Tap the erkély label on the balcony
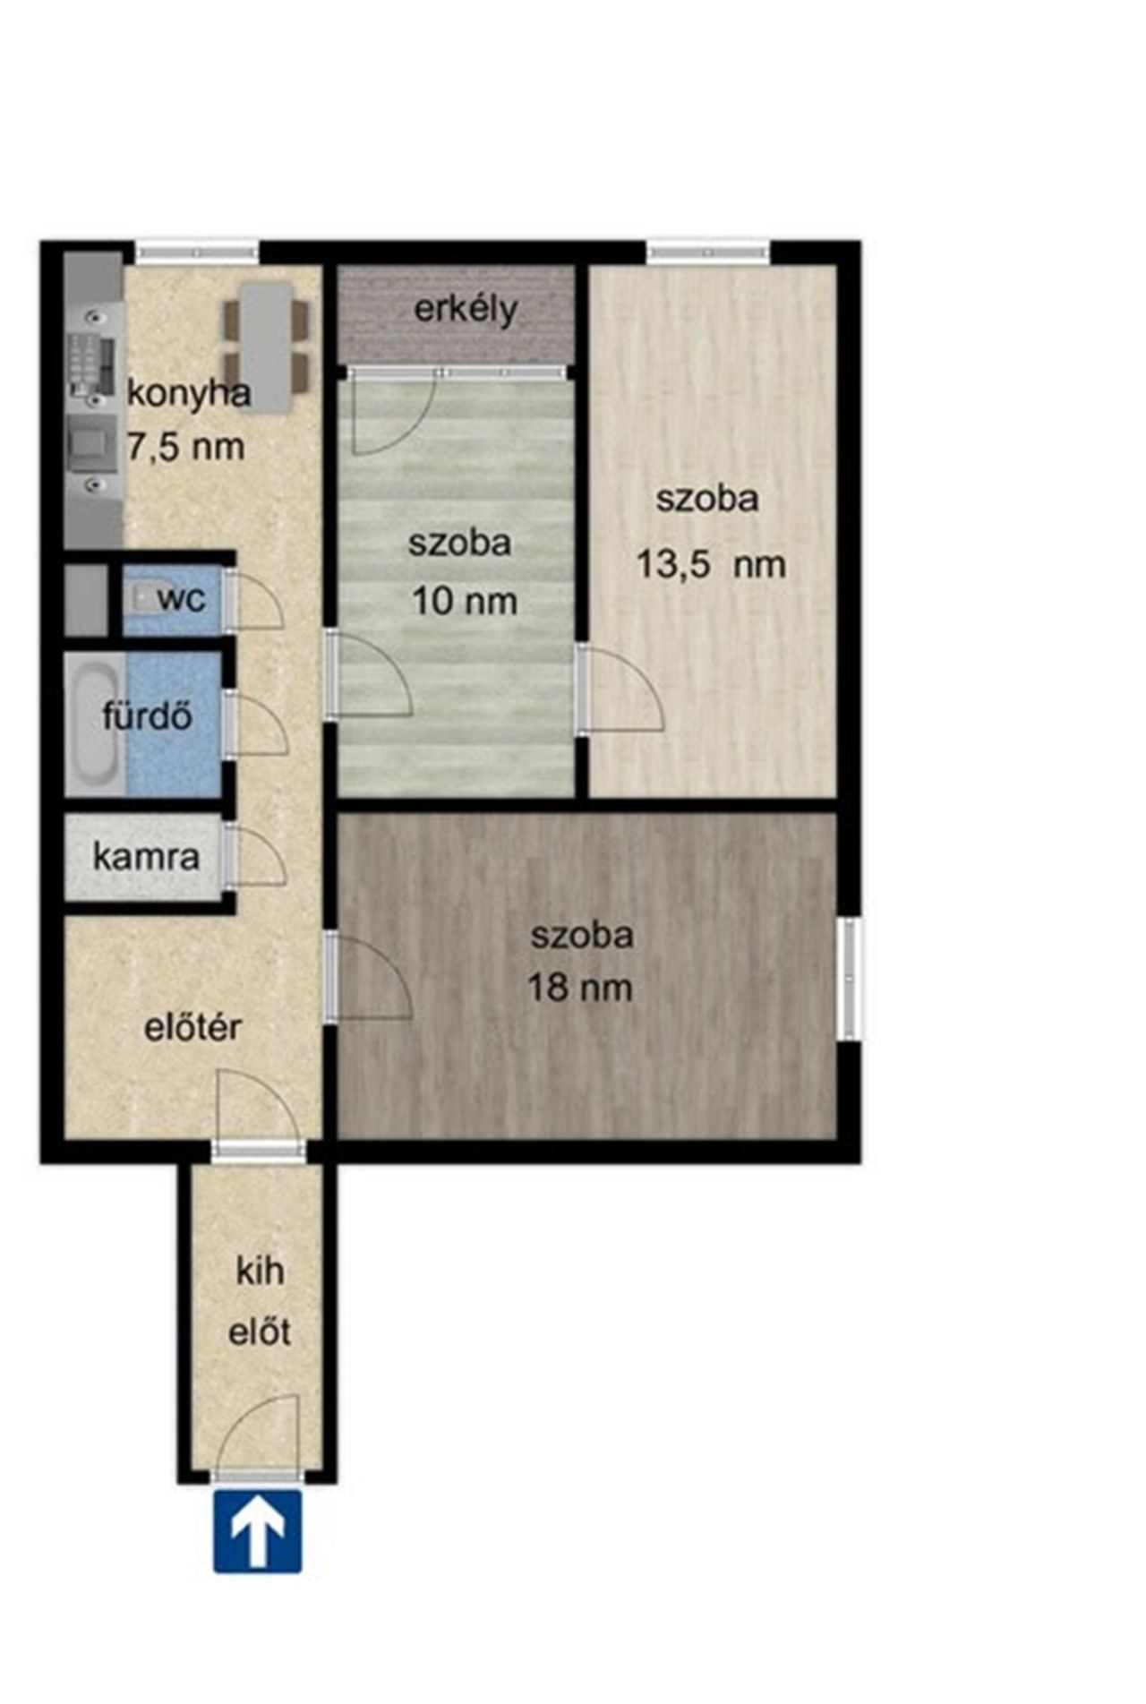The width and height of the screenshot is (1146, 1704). click(466, 311)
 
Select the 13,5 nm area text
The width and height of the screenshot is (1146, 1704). click(711, 565)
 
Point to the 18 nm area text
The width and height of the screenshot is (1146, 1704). click(579, 988)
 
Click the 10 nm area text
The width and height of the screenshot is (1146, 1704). click(465, 601)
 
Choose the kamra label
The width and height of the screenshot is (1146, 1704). click(146, 857)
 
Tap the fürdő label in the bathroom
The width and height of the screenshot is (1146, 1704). click(147, 715)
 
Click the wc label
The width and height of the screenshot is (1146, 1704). click(182, 598)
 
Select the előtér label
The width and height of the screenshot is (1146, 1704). click(193, 1027)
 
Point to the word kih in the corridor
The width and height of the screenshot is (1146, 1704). click(260, 1271)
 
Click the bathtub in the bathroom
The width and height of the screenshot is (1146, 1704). click(95, 724)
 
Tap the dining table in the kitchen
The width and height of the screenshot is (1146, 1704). click(267, 347)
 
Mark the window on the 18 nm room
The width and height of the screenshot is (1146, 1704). click(850, 979)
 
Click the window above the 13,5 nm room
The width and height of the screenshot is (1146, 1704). click(709, 253)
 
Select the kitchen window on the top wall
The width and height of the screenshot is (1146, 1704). click(197, 253)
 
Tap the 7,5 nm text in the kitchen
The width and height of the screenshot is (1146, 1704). click(185, 445)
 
